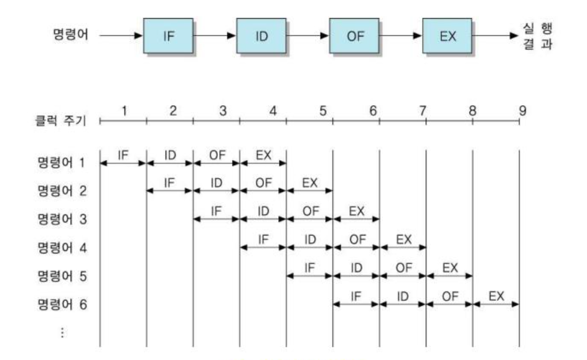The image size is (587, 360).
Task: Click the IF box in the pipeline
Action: click(169, 36)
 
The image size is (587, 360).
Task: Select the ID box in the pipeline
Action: click(261, 36)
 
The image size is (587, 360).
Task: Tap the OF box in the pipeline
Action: click(354, 36)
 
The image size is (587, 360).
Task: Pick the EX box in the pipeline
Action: click(447, 36)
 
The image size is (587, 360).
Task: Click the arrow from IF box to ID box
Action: click(215, 36)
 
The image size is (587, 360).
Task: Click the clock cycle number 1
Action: click(124, 111)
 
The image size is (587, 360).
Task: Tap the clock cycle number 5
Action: click(322, 111)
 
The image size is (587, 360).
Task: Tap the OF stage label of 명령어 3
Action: click(309, 211)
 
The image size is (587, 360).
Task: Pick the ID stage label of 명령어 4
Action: click(309, 239)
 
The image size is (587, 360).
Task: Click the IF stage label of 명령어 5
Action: click(309, 268)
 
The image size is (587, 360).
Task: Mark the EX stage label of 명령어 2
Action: click(309, 182)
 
